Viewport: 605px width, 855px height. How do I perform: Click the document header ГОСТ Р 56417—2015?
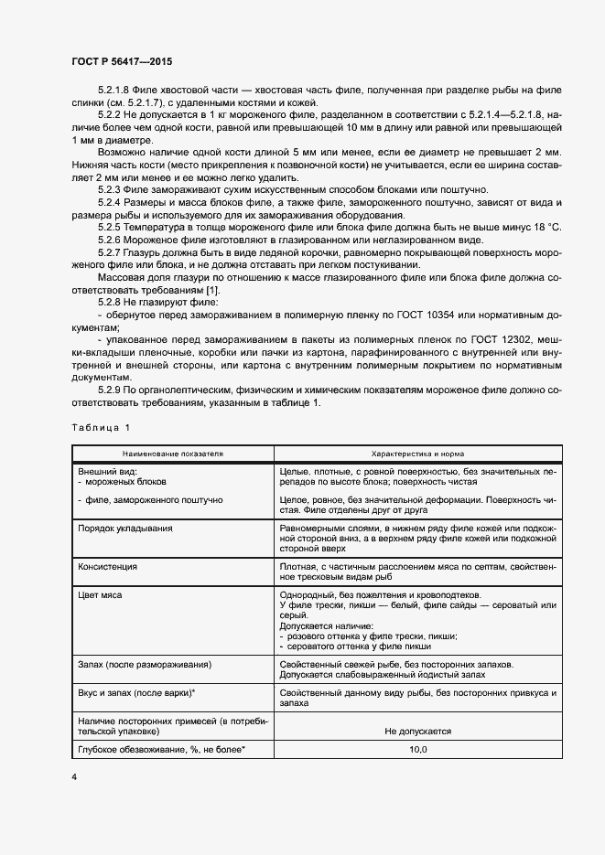pyautogui.click(x=121, y=61)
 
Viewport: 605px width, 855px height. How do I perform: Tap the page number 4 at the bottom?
pyautogui.click(x=74, y=777)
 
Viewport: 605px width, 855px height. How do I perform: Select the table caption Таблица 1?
pyautogui.click(x=101, y=427)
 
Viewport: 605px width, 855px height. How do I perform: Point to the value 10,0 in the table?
pyautogui.click(x=417, y=750)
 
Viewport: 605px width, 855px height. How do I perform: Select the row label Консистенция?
pyautogui.click(x=108, y=567)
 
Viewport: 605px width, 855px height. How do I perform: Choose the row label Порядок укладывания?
pyautogui.click(x=125, y=529)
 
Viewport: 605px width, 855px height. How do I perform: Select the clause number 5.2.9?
pyautogui.click(x=110, y=391)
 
